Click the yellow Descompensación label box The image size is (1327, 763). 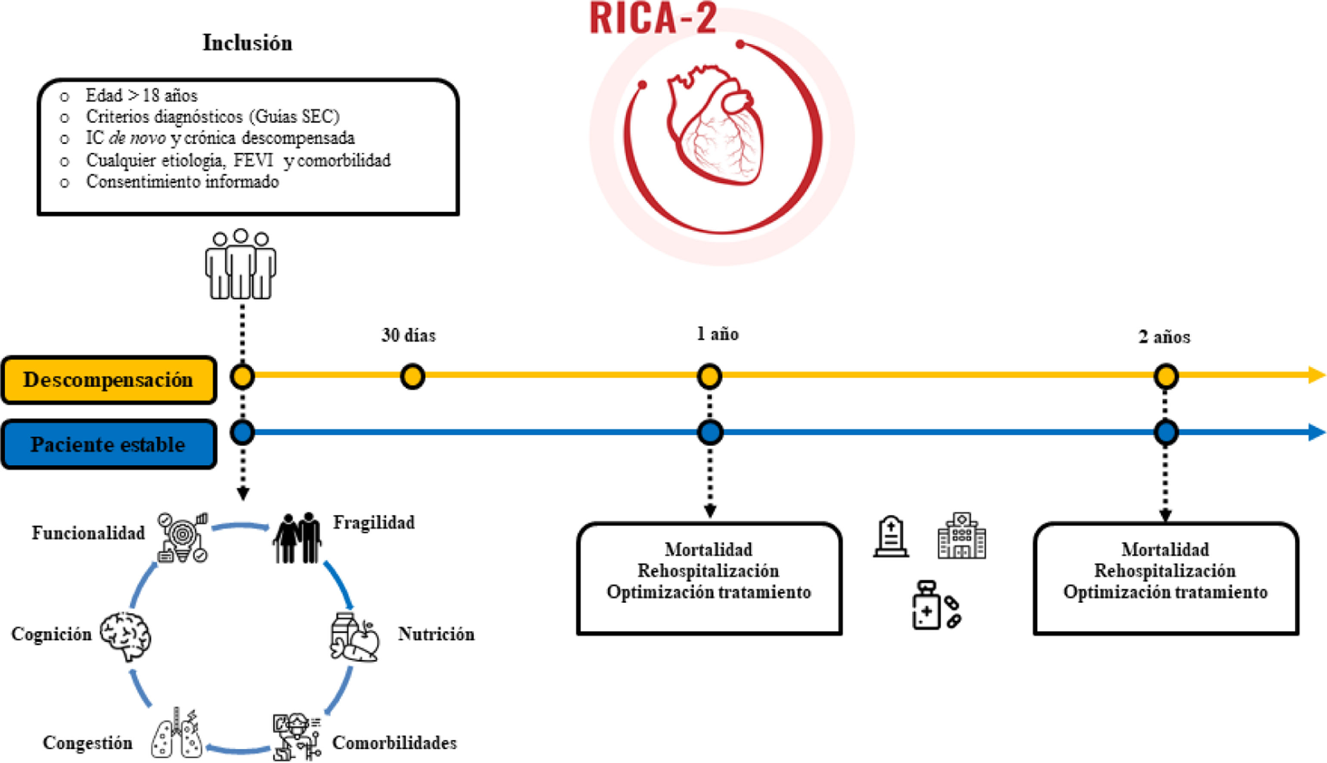[x=108, y=380]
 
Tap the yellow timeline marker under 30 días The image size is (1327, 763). [x=412, y=376]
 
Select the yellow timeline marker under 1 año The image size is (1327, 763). [x=709, y=376]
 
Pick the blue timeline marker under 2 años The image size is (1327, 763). [x=1166, y=433]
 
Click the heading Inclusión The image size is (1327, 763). [x=247, y=43]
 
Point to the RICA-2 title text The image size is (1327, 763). [x=653, y=19]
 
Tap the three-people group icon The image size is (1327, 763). [x=241, y=265]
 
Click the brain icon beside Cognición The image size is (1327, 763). [x=126, y=636]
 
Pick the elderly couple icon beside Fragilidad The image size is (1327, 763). [x=297, y=538]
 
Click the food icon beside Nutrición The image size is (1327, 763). [x=355, y=638]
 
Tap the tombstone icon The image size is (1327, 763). [x=891, y=537]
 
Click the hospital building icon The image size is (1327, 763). [x=961, y=536]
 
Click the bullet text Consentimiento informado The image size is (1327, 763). [x=183, y=182]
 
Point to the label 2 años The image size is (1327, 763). [x=1164, y=337]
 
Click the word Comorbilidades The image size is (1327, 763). [x=394, y=743]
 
